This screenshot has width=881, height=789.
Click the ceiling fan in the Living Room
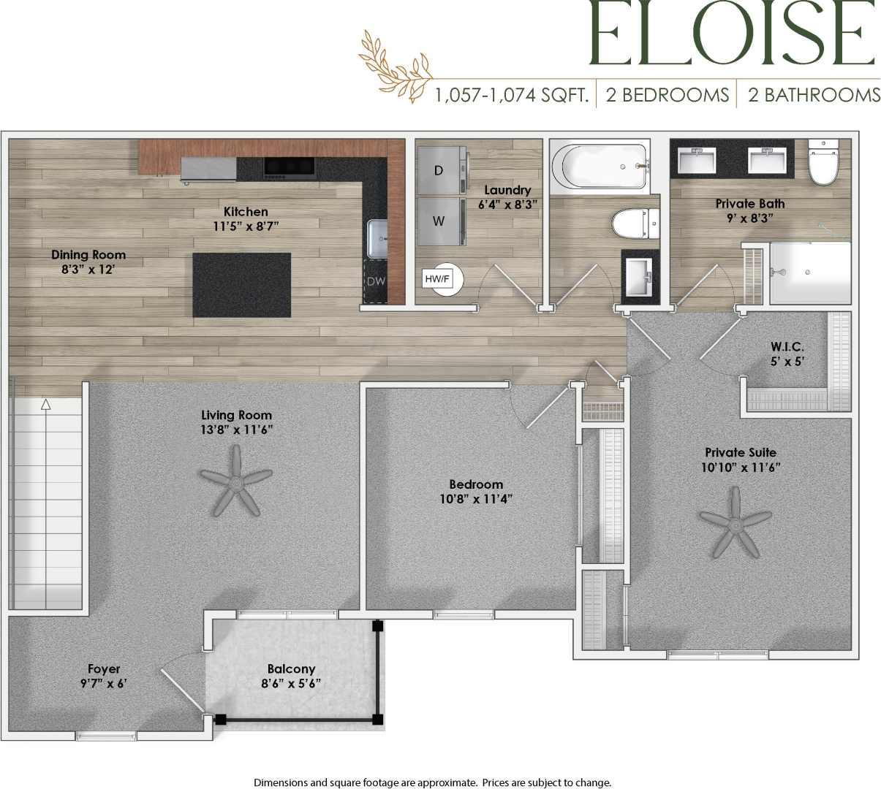235,481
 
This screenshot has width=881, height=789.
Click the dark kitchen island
241,285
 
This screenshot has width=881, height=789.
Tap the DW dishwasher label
376,281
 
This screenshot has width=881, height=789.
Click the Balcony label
291,668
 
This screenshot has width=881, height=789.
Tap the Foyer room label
104,668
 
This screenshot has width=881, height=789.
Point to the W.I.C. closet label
787,346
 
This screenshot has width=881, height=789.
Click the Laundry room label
507,190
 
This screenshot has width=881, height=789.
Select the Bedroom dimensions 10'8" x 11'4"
476,500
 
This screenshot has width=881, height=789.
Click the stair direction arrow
46,403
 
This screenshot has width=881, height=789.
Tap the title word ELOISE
732,34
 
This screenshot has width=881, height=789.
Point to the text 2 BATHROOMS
814,95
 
